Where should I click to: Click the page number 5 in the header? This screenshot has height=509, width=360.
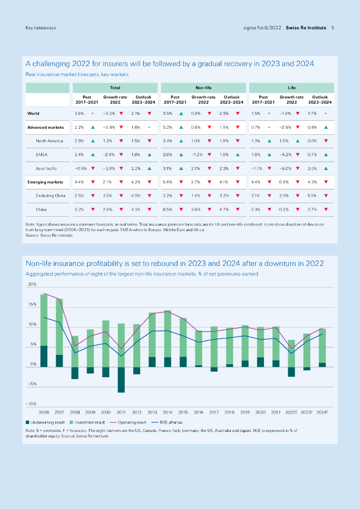(x=332, y=28)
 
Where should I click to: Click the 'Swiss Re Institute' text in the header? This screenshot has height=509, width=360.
(x=306, y=28)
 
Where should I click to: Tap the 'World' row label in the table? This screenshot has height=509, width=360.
(x=33, y=113)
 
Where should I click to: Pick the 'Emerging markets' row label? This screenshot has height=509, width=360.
(x=45, y=182)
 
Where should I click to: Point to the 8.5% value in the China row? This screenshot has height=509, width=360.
(x=167, y=210)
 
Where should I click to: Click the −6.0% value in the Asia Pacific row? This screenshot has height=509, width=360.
(x=285, y=169)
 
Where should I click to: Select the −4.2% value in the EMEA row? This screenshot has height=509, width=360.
(x=285, y=155)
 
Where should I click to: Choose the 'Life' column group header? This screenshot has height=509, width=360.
(x=291, y=87)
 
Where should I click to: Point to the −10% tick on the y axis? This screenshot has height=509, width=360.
(x=31, y=403)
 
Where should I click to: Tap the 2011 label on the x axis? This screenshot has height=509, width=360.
(x=121, y=412)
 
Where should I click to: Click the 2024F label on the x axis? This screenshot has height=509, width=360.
(x=322, y=412)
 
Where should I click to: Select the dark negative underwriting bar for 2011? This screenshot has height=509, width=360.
(x=121, y=380)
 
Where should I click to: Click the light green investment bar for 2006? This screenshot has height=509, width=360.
(x=44, y=320)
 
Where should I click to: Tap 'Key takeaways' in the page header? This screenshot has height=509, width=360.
(x=41, y=28)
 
